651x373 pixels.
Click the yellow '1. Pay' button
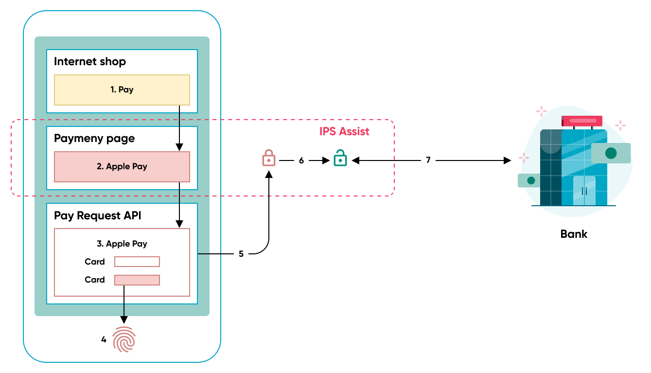[x=122, y=90]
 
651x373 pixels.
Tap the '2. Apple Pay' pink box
[x=122, y=167]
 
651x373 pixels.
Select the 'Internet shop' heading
[x=90, y=62]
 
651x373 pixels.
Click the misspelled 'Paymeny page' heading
[x=94, y=139]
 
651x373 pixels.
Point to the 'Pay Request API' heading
[x=98, y=215]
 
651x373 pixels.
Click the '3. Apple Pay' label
[x=122, y=244]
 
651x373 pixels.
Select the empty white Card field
[x=137, y=262]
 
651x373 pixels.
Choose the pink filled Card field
[x=137, y=280]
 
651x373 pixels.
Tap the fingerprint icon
[x=124, y=339]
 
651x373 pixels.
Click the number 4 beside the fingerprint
[x=104, y=339]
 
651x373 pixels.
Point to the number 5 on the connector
[x=241, y=254]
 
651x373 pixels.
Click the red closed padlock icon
[x=269, y=158]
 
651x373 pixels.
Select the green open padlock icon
[x=340, y=158]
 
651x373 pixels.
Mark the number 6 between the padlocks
[x=301, y=160]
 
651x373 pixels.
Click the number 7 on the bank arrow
[x=428, y=160]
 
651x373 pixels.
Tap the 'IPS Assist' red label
[x=344, y=131]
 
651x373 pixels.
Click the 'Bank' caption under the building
[x=574, y=234]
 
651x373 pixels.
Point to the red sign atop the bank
[x=582, y=121]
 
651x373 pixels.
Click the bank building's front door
[x=584, y=191]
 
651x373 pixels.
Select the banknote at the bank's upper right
[x=611, y=153]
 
